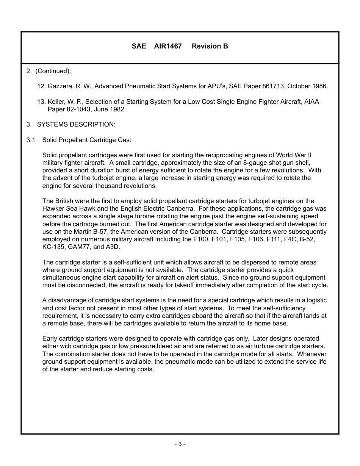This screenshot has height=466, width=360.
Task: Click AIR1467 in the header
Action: tap(168, 46)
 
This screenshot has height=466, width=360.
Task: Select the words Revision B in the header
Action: tap(210, 46)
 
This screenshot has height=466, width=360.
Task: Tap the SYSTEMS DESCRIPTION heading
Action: tap(76, 125)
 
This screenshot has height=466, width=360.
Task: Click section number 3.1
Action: tap(31, 140)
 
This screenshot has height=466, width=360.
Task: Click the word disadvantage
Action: tap(66, 300)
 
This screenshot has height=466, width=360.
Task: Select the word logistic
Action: tap(315, 300)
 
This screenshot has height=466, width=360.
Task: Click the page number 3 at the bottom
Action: tap(180, 444)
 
